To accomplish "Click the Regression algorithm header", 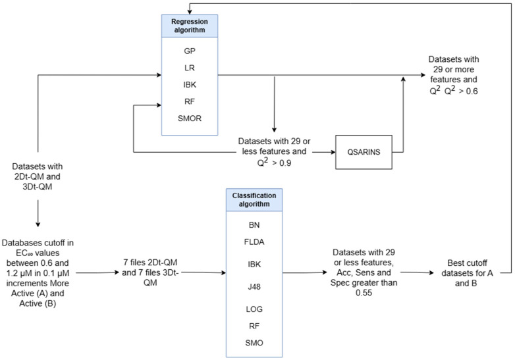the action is pyautogui.click(x=190, y=26).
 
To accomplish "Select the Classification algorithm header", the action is pyautogui.click(x=254, y=199).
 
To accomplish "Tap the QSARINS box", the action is pyautogui.click(x=364, y=152).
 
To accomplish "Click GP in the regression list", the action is pyautogui.click(x=190, y=51).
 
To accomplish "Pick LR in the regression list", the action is pyautogui.click(x=190, y=68).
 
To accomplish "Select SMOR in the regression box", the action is pyautogui.click(x=190, y=118).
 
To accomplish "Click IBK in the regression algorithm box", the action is pyautogui.click(x=190, y=85).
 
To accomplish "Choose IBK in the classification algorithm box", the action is pyautogui.click(x=254, y=264).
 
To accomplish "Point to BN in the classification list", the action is pyautogui.click(x=254, y=225).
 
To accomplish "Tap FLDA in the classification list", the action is pyautogui.click(x=254, y=242).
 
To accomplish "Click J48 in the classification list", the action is pyautogui.click(x=254, y=286).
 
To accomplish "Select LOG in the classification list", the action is pyautogui.click(x=254, y=309).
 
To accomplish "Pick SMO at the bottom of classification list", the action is pyautogui.click(x=254, y=343).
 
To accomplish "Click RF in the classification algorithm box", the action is pyautogui.click(x=254, y=326).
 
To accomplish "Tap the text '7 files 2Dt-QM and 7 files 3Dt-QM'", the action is pyautogui.click(x=150, y=272).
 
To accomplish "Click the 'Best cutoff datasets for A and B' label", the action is pyautogui.click(x=467, y=273).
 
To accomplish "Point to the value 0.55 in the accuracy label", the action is pyautogui.click(x=364, y=293).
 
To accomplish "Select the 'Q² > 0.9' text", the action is pyautogui.click(x=274, y=162).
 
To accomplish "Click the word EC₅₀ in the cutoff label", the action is pyautogui.click(x=24, y=253).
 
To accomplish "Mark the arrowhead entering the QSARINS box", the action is pyautogui.click(x=333, y=152).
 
